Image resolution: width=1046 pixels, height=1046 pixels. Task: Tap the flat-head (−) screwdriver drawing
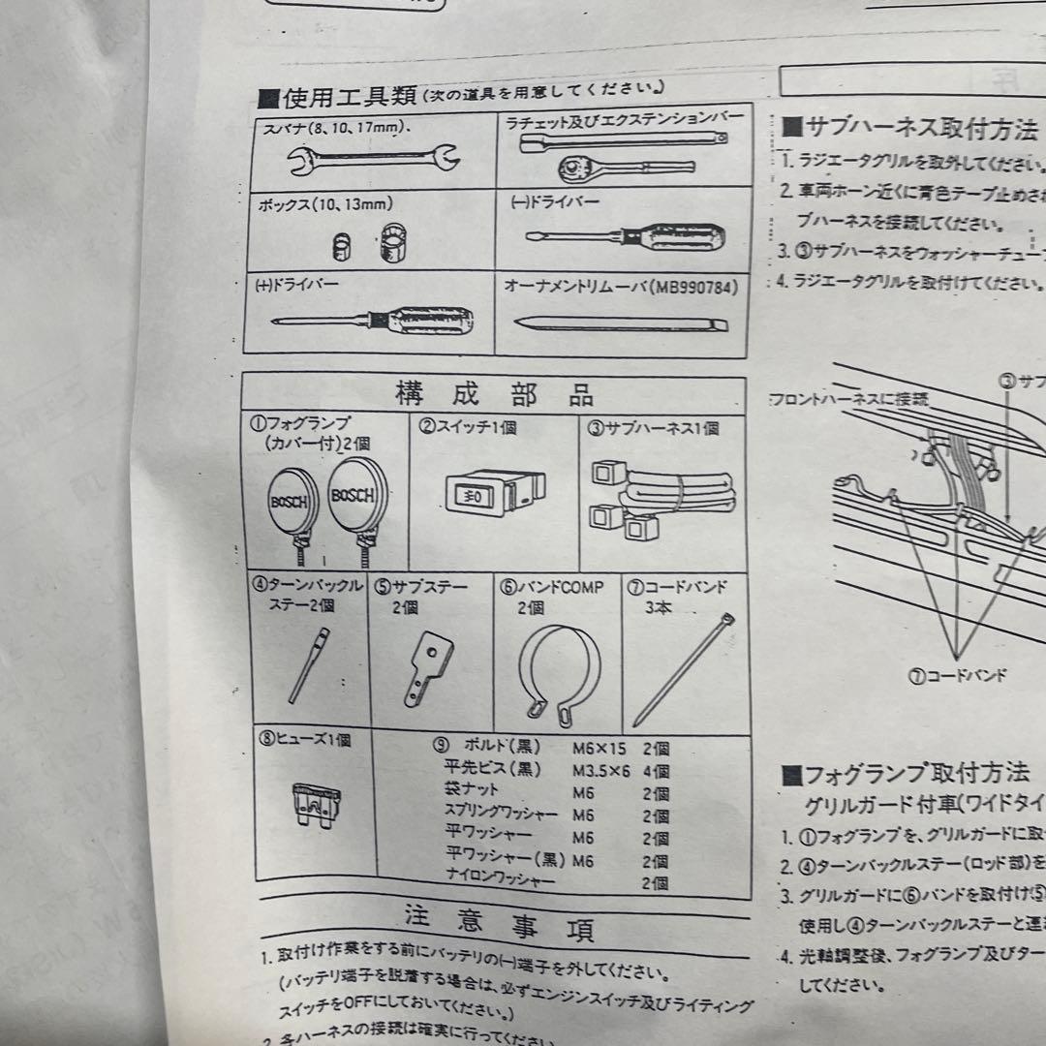pos(620,236)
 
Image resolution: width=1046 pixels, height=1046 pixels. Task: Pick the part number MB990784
pos(695,288)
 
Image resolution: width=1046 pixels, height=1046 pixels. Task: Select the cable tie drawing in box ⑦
pos(683,667)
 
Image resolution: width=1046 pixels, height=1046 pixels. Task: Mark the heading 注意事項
pos(498,923)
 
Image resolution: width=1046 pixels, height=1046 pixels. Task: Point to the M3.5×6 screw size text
pos(602,771)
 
